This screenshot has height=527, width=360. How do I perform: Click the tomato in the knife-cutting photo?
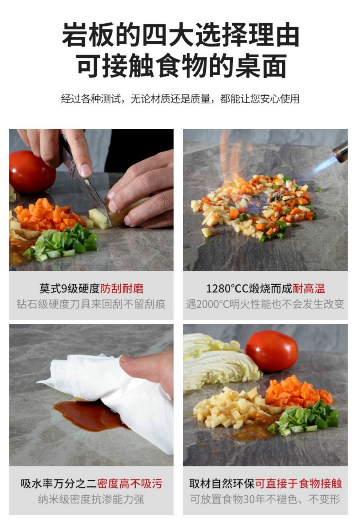[32, 172]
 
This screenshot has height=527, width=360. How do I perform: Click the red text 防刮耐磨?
[122, 289]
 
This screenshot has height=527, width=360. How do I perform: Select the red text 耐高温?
[309, 289]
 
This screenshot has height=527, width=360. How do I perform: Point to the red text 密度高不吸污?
[130, 484]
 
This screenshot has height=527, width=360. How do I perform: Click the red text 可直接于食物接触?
[298, 484]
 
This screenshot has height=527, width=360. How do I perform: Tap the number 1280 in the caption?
[216, 289]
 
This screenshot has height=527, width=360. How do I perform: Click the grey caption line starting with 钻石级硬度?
[91, 304]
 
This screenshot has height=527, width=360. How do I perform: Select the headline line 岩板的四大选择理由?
[180, 35]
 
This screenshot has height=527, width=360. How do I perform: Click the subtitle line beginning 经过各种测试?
[180, 99]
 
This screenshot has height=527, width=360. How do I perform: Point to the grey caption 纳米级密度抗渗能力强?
[91, 499]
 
